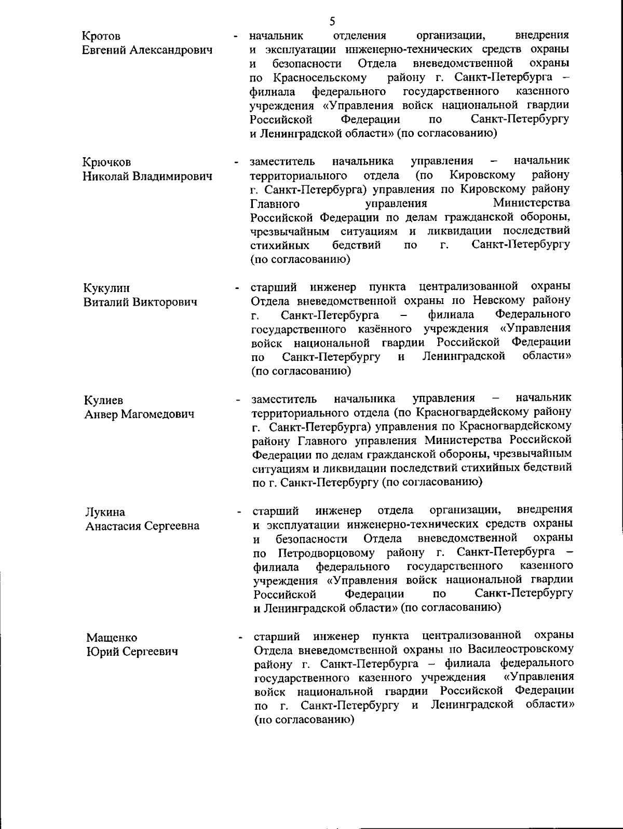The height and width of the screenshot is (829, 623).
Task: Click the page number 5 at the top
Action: tap(332, 21)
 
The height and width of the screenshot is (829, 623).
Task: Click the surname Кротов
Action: tap(102, 36)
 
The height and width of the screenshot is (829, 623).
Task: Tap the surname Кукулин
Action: tap(107, 288)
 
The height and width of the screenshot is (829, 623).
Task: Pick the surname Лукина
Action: tap(105, 513)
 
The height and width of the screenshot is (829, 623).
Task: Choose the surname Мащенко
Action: tap(112, 638)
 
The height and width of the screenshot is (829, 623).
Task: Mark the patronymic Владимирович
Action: tap(172, 177)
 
